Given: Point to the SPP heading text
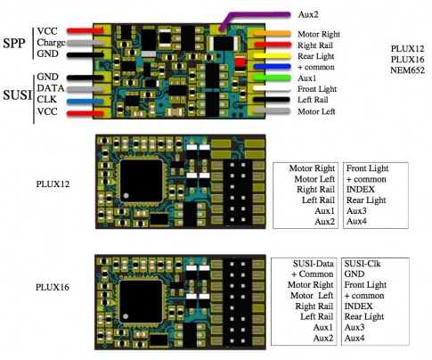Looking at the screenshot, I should [15, 42].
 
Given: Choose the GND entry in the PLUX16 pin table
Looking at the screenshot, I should [355, 275].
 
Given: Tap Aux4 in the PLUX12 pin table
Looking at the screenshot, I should [356, 220].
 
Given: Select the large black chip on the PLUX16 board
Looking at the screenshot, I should [140, 298].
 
